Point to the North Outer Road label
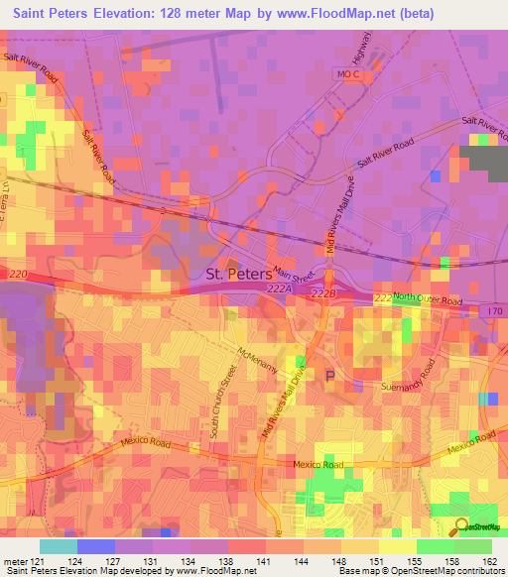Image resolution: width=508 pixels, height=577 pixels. [428, 298]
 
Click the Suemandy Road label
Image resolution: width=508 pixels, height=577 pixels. [409, 388]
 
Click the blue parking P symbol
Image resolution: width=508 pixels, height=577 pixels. [330, 375]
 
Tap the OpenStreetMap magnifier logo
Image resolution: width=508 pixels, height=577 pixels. [461, 526]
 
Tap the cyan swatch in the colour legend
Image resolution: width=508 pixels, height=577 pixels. [59, 546]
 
